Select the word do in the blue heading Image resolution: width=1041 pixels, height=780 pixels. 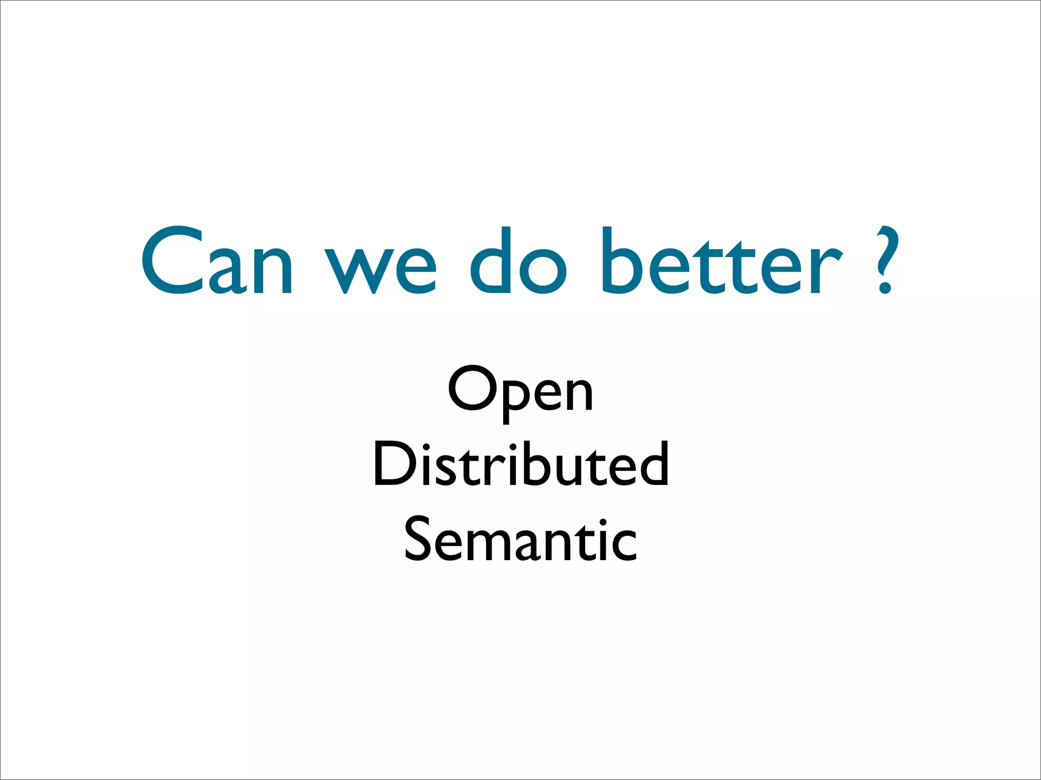click(517, 262)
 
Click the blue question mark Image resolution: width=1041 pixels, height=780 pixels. click(887, 259)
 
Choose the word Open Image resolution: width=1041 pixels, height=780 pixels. click(520, 391)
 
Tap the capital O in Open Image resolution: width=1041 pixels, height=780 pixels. click(473, 388)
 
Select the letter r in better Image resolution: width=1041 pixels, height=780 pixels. click(826, 269)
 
